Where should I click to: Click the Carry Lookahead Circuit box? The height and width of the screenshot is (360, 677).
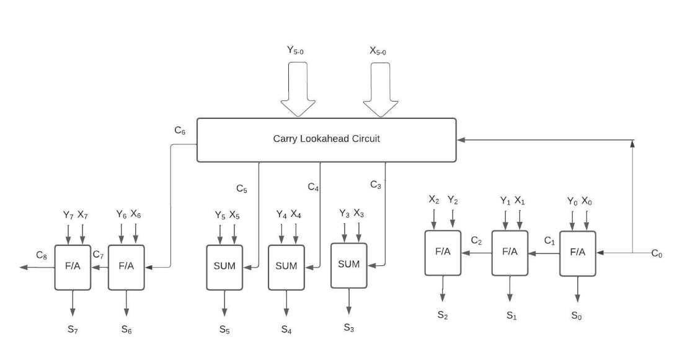click(326, 140)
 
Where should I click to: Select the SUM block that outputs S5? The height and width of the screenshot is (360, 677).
click(224, 268)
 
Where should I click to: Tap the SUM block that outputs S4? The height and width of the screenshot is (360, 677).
click(286, 268)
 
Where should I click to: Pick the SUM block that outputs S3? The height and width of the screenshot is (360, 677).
click(349, 265)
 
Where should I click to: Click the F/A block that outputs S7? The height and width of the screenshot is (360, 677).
click(73, 268)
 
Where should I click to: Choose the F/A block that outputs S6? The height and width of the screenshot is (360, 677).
click(126, 268)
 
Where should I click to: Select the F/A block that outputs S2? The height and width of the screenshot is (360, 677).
click(443, 253)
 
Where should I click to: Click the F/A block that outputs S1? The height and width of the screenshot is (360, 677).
click(510, 253)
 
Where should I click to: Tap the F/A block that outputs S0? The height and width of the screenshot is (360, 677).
click(578, 253)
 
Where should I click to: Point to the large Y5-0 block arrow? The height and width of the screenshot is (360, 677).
click(298, 89)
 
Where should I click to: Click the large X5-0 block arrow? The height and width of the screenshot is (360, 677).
click(381, 89)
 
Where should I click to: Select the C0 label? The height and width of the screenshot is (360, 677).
click(657, 254)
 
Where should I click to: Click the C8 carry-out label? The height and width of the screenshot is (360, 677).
click(42, 255)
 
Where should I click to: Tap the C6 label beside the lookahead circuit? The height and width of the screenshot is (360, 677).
click(180, 130)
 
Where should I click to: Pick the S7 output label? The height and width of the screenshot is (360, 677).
click(73, 330)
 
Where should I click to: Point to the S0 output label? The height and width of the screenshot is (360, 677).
click(577, 316)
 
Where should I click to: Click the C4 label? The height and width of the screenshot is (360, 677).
click(314, 187)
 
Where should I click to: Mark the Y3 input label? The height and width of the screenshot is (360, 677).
click(345, 214)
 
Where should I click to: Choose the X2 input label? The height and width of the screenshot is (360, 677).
click(434, 200)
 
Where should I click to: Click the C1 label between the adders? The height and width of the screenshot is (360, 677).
click(550, 241)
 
